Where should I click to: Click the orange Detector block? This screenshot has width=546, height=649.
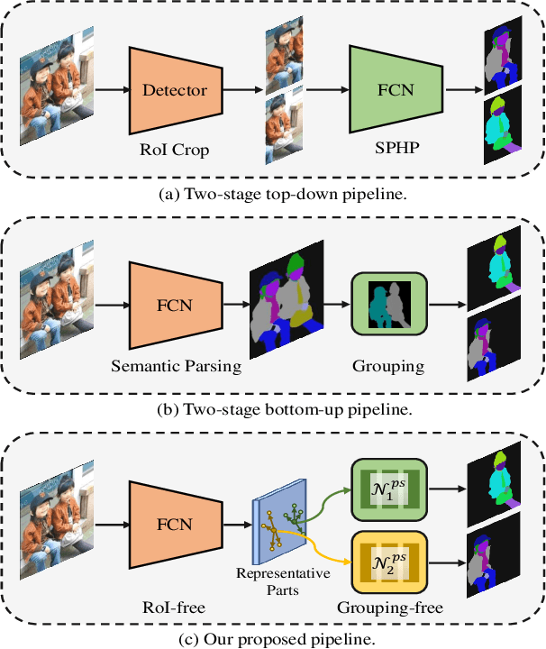point(175,90)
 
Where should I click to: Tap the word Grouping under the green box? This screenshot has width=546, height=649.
point(388,366)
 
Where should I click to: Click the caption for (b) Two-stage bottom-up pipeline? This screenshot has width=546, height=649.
point(273,409)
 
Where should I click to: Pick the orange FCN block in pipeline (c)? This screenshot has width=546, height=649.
point(175,524)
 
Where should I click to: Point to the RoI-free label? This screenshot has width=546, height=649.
point(175,606)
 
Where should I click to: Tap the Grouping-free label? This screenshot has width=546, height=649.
point(389,606)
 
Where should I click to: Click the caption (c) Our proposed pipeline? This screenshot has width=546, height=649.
point(273,639)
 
